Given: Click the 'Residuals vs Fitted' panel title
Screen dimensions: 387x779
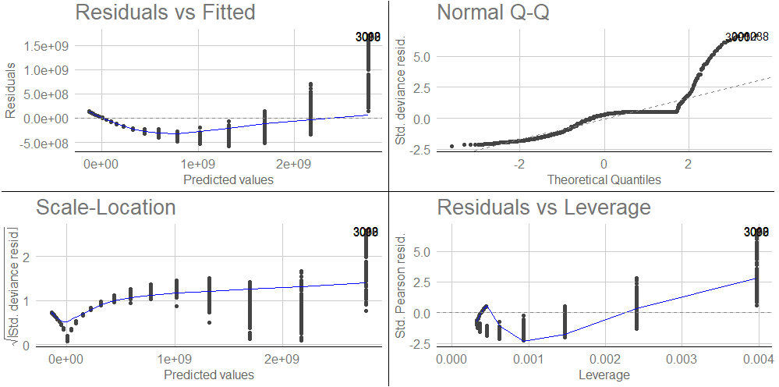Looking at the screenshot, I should pyautogui.click(x=165, y=12).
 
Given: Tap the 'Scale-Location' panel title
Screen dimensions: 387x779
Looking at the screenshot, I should pyautogui.click(x=105, y=207).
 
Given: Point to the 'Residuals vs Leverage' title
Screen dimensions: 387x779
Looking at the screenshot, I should pyautogui.click(x=544, y=207).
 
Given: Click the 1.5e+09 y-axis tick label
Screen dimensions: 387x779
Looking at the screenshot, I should pyautogui.click(x=49, y=45).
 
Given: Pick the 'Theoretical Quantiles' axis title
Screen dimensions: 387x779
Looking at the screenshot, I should pyautogui.click(x=604, y=179).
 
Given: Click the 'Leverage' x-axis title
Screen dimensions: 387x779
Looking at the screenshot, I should pyautogui.click(x=605, y=375).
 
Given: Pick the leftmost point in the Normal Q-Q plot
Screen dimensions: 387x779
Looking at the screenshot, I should pyautogui.click(x=452, y=146).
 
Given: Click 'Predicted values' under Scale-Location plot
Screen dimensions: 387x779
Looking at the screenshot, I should pyautogui.click(x=209, y=375).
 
